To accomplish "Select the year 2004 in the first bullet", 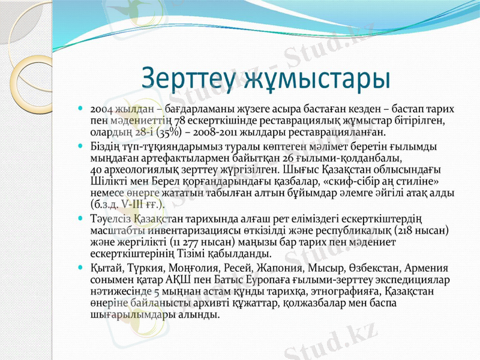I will coord(100,110).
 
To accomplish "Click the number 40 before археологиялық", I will coord(95,170).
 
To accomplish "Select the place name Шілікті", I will coord(107,181).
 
